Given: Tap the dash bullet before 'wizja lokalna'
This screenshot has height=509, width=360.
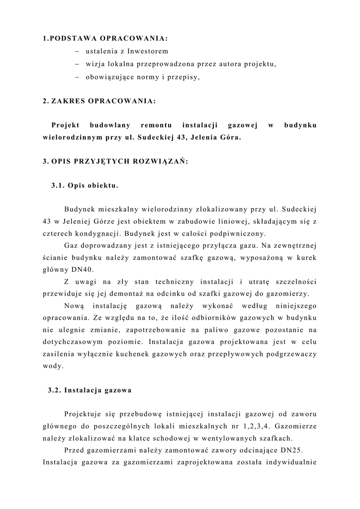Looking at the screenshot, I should (x=78, y=64).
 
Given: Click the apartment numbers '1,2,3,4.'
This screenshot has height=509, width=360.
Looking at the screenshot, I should (x=255, y=426).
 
